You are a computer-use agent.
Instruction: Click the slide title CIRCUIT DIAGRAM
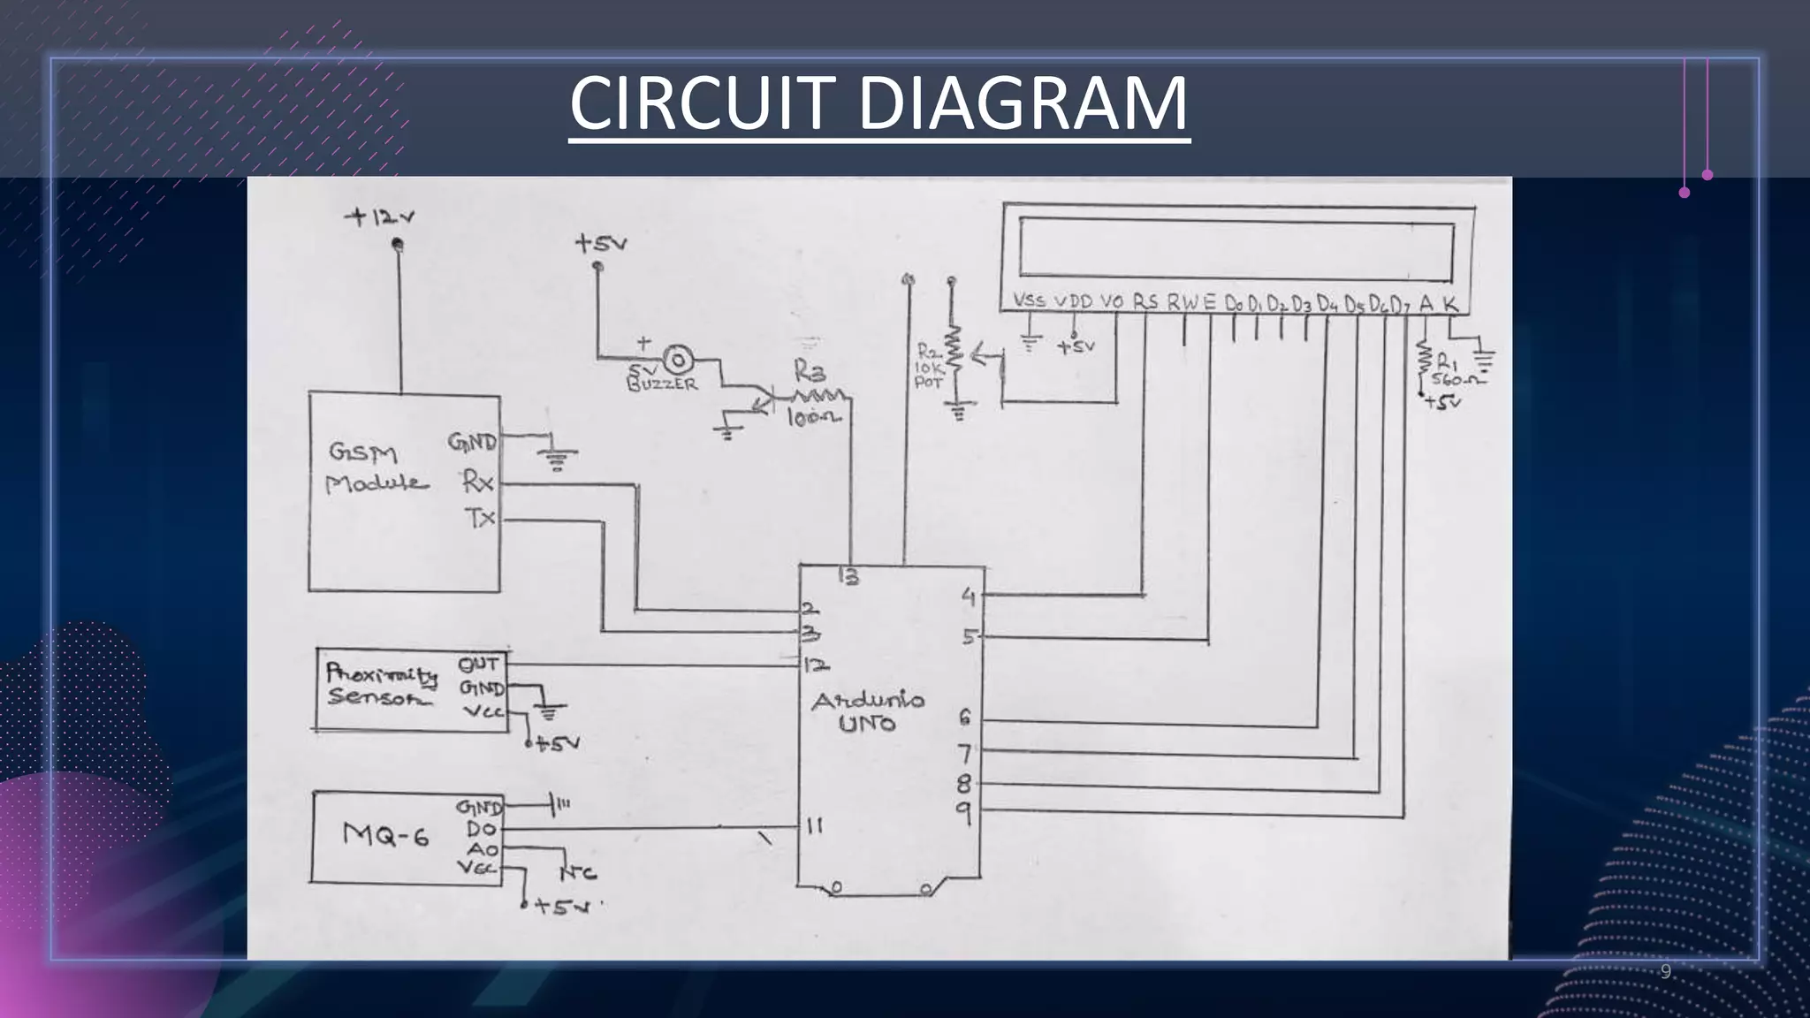[x=879, y=103]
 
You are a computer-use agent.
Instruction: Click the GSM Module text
[x=376, y=468]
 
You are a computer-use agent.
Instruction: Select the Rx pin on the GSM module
[x=477, y=482]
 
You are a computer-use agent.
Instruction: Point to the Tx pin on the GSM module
[x=480, y=518]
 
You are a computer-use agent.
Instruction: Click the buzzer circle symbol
[x=679, y=360]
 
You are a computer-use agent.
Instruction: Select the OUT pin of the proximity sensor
[x=478, y=664]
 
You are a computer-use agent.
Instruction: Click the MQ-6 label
[x=386, y=834]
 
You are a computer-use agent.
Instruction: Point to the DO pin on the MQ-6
[x=482, y=829]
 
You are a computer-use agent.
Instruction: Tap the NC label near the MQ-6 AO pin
[x=579, y=873]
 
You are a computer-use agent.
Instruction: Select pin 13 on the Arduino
[x=848, y=577]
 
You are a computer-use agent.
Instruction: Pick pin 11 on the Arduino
[x=815, y=825]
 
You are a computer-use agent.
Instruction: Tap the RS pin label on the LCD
[x=1145, y=302]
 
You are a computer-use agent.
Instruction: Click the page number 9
[x=1666, y=972]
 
